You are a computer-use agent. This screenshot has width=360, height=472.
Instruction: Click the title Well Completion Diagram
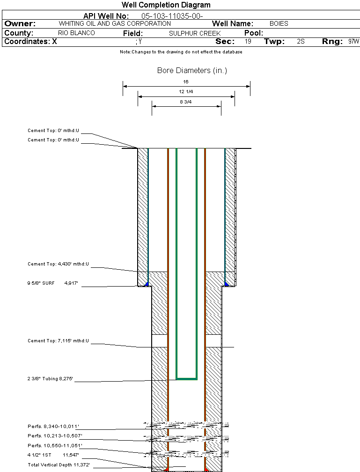tap(166, 5)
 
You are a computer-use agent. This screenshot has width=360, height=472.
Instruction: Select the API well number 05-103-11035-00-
tap(172, 16)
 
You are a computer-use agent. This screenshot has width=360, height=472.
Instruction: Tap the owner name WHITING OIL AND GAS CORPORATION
tap(115, 23)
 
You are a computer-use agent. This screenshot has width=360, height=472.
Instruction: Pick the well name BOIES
tap(279, 23)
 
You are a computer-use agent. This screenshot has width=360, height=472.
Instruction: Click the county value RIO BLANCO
tap(76, 33)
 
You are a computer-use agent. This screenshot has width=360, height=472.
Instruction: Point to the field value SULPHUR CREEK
tap(195, 33)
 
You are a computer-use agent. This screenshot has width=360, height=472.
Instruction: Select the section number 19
tap(248, 42)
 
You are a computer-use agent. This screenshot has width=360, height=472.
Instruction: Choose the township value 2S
tap(301, 42)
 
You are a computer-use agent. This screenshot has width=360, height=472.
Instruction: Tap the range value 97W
tap(353, 42)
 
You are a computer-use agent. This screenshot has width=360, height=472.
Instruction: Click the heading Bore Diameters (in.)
tap(192, 71)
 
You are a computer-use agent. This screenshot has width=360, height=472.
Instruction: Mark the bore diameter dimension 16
tap(186, 82)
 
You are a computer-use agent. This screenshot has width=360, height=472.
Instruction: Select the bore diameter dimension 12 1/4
tap(186, 92)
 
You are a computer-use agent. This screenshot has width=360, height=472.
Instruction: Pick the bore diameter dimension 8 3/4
tap(186, 102)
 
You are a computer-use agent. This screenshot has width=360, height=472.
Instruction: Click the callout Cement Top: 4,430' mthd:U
tap(58, 265)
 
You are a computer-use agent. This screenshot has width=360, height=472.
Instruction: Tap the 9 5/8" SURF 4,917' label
tap(53, 283)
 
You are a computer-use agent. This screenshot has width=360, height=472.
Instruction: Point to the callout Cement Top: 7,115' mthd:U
tap(58, 341)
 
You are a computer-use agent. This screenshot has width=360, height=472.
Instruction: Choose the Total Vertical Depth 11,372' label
tap(59, 465)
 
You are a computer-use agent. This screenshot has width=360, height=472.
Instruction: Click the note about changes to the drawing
tap(181, 52)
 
